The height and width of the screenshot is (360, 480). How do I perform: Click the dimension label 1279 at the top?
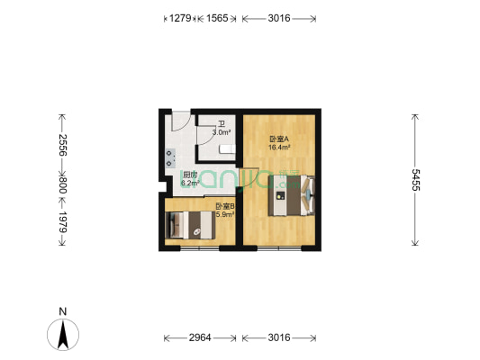(180, 18)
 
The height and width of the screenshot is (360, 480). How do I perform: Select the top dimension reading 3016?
(279, 18)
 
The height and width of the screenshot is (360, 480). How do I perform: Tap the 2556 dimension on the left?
(63, 146)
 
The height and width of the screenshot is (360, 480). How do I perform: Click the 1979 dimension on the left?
(63, 222)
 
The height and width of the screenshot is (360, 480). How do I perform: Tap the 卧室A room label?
(278, 139)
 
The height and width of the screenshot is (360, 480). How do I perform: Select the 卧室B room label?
(224, 207)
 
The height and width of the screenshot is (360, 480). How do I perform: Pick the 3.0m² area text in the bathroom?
(221, 132)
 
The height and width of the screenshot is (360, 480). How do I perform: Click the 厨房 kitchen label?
(190, 175)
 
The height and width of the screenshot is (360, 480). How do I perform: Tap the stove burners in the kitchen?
(168, 157)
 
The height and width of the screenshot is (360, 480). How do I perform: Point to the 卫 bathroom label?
(221, 125)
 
